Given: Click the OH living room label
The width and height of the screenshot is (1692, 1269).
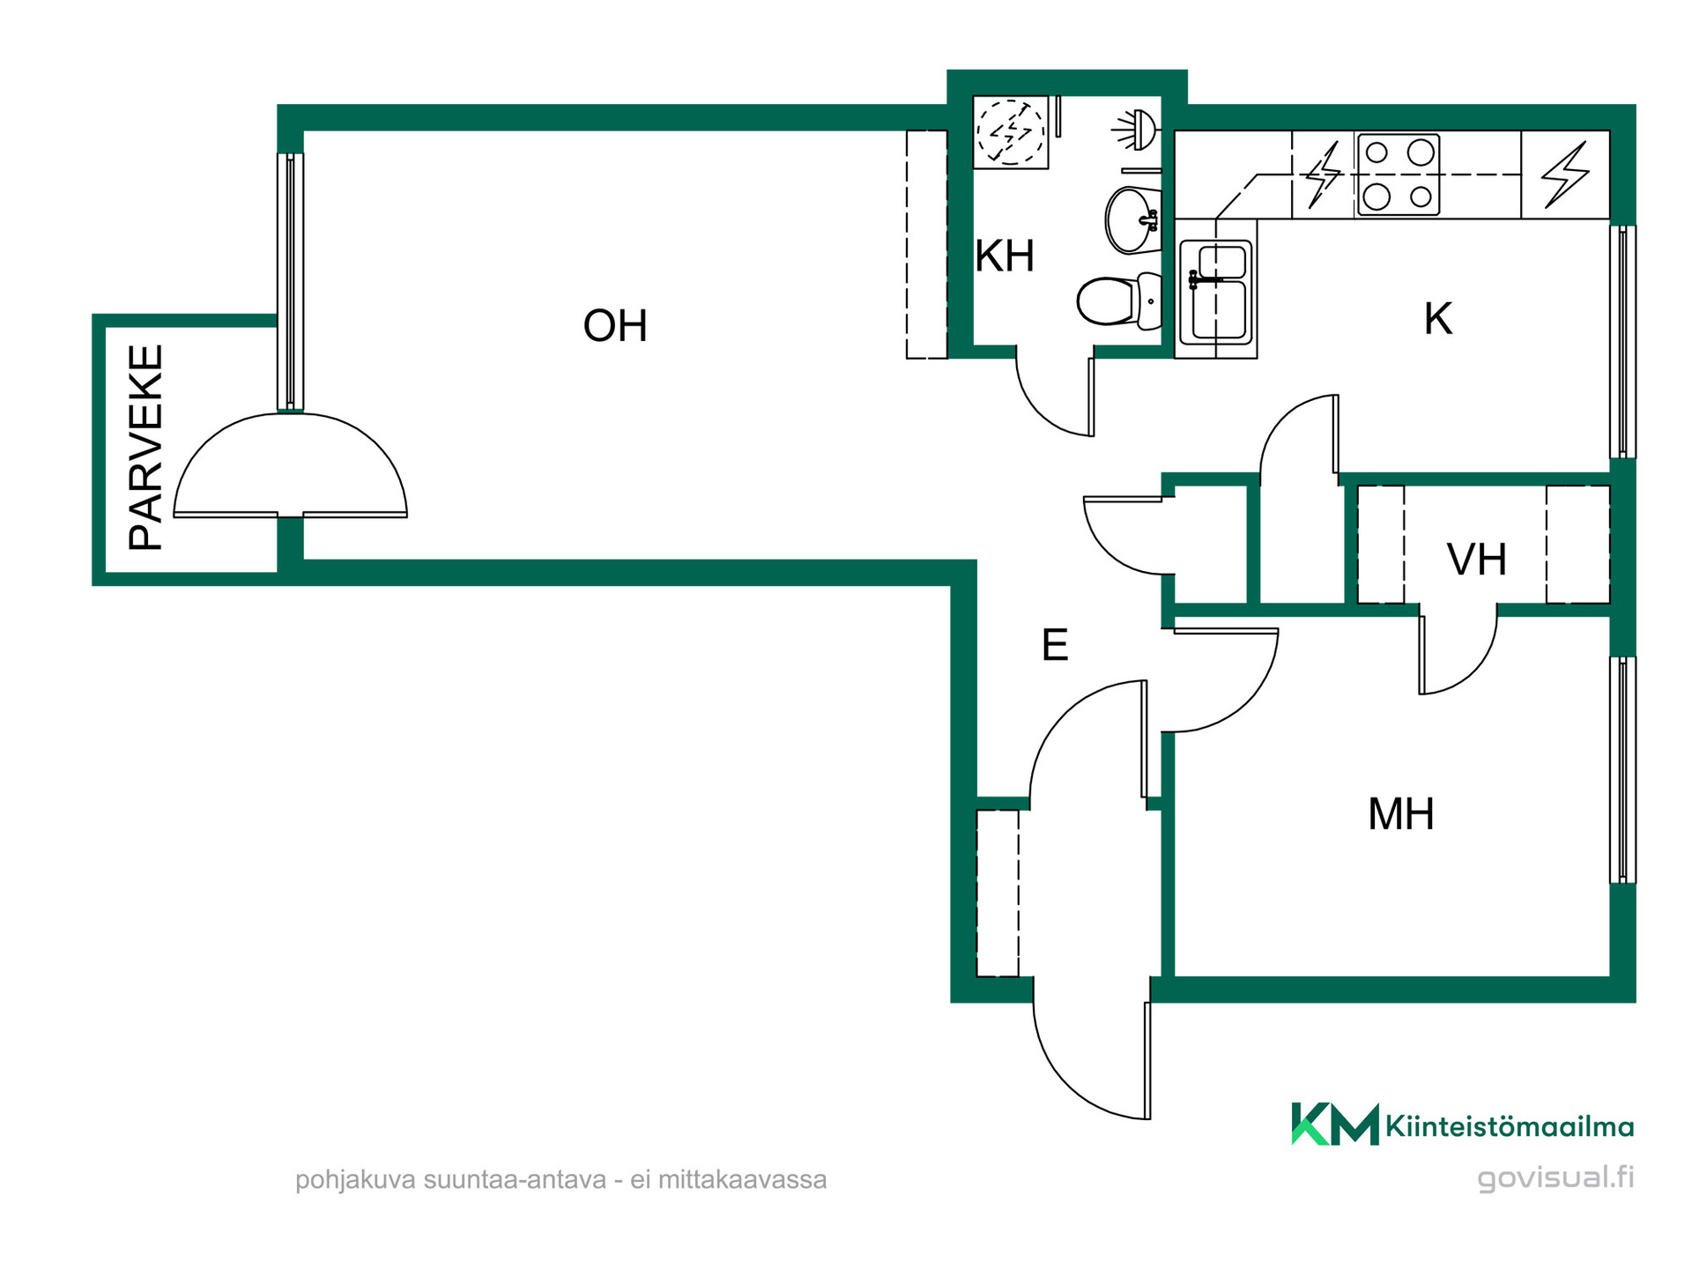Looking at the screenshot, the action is [615, 325].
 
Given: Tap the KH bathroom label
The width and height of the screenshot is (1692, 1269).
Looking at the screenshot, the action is [1005, 256].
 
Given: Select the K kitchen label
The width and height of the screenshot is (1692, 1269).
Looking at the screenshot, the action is [1437, 318].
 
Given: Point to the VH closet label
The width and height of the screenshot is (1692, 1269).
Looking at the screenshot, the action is [1477, 559].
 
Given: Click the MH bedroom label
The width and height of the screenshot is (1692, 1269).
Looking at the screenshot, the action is [1400, 813].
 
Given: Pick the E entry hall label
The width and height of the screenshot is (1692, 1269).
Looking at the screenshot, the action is [1055, 645].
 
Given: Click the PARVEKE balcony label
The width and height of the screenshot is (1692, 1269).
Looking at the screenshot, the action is [146, 448].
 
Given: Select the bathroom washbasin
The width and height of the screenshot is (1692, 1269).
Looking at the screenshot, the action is [1132, 219].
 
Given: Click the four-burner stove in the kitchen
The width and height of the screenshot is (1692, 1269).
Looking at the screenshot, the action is [1399, 174].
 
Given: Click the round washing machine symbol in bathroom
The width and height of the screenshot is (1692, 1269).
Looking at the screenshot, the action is [1011, 132].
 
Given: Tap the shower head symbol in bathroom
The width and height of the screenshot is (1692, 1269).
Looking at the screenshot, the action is [1136, 130].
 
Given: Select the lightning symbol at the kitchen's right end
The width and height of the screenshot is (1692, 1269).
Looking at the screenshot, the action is [1565, 174].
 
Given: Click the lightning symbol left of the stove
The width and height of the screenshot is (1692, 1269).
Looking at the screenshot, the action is [1322, 174].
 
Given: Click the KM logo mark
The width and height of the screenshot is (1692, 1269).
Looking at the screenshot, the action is [1334, 1124].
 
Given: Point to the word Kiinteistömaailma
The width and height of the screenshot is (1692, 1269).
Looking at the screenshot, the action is [1510, 1126].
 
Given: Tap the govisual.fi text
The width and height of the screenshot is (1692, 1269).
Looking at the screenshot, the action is [1555, 1177].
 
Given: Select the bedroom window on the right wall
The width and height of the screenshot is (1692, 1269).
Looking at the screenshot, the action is [1622, 769].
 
